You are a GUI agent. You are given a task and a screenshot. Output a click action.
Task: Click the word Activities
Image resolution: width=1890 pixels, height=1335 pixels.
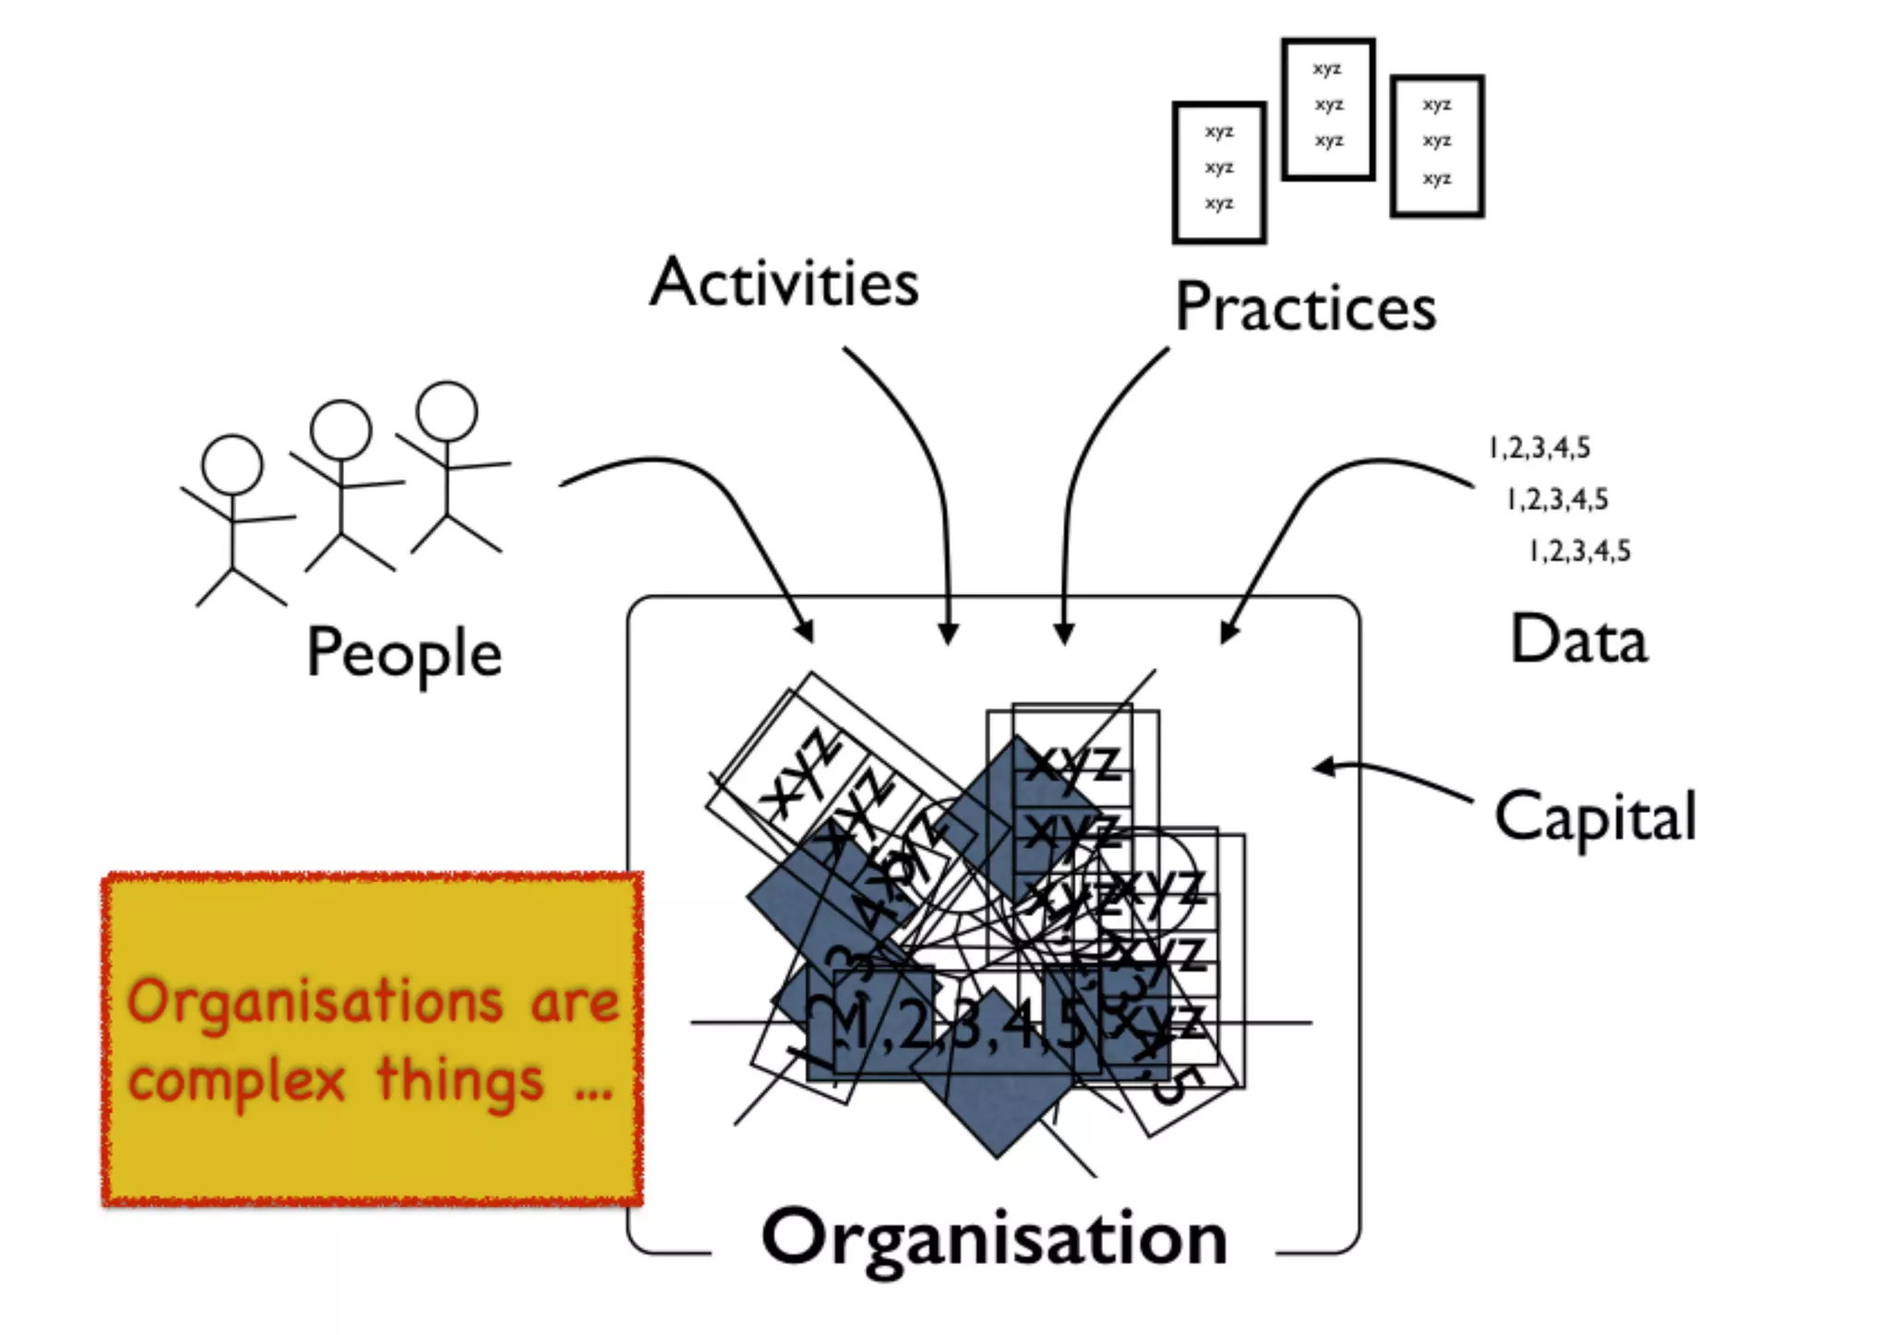pos(784,282)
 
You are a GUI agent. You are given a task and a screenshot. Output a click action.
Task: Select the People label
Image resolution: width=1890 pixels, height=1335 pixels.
pos(404,653)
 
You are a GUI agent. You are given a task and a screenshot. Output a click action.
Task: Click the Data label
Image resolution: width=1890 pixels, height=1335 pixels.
pos(1578,638)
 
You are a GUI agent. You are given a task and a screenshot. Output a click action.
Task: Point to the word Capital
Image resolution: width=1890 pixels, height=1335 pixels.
pos(1596,817)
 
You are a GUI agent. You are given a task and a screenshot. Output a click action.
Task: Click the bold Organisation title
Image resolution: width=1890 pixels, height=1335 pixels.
pos(994,1238)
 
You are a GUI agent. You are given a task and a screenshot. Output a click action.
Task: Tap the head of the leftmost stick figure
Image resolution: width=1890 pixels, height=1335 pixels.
pos(232,465)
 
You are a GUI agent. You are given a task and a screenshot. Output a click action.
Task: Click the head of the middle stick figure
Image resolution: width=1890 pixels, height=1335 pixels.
pos(341,430)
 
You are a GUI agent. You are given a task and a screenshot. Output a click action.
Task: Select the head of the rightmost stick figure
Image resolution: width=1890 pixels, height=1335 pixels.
pos(447,411)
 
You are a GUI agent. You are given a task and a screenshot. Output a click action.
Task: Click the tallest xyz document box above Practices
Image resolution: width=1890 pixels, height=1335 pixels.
pos(1328,109)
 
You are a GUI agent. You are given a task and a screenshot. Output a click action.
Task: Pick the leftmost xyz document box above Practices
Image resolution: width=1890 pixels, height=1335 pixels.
pos(1219,173)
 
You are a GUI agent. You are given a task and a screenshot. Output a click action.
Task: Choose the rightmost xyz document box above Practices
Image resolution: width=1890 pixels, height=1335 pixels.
pos(1437,146)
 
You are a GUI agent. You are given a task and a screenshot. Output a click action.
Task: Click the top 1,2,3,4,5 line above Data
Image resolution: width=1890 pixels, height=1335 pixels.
pos(1539,448)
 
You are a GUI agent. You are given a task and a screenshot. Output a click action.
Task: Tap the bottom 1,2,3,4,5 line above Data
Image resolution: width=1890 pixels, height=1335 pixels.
pos(1580,552)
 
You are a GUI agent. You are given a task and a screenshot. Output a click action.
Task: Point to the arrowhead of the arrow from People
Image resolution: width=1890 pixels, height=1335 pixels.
pos(807,631)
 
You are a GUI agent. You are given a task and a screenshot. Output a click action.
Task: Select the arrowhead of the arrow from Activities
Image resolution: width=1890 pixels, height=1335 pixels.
pos(948,635)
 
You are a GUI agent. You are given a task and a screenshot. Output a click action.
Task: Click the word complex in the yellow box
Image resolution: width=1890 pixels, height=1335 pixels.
pos(236,1081)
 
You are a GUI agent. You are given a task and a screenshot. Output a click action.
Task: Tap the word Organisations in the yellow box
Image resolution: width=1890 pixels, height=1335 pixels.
pos(315,1004)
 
